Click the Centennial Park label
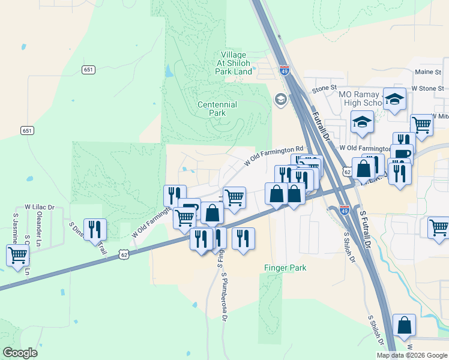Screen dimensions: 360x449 pyautogui.click(x=217, y=109)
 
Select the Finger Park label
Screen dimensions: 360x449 pyautogui.click(x=285, y=268)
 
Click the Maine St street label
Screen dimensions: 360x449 pyautogui.click(x=428, y=72)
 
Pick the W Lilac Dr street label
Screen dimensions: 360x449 pyautogui.click(x=39, y=208)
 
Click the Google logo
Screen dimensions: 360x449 pyautogui.click(x=20, y=353)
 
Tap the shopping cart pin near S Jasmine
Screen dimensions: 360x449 pyautogui.click(x=17, y=255)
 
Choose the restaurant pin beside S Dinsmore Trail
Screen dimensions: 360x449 pyautogui.click(x=95, y=229)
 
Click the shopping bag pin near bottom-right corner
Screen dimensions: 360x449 pyautogui.click(x=405, y=325)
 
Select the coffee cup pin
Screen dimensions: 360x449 pyautogui.click(x=402, y=154)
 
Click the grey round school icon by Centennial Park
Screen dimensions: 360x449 pyautogui.click(x=280, y=99)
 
